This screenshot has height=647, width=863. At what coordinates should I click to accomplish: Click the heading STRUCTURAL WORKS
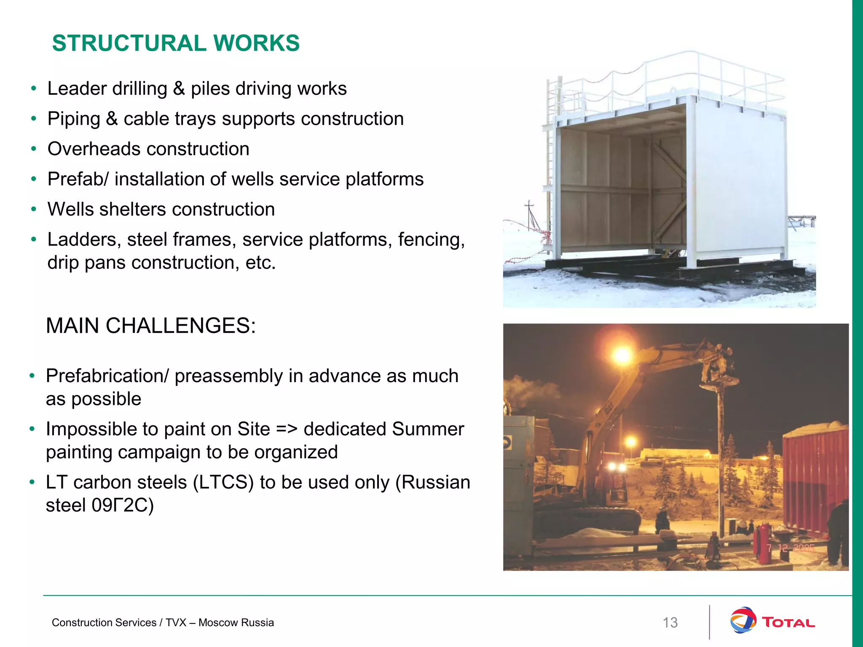pyautogui.click(x=176, y=43)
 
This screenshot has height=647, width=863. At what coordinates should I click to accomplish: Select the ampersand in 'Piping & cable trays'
pyautogui.click(x=112, y=119)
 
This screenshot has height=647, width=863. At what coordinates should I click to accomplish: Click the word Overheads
pyautogui.click(x=94, y=149)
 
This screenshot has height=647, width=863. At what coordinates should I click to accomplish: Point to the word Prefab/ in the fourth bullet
pyautogui.click(x=78, y=179)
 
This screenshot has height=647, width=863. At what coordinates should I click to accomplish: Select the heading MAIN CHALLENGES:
pyautogui.click(x=150, y=326)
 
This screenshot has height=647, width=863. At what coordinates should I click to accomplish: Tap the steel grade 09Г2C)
pyautogui.click(x=123, y=505)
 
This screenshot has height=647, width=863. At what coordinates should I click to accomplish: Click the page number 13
pyautogui.click(x=670, y=623)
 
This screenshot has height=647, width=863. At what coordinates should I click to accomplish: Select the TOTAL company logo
pyautogui.click(x=772, y=621)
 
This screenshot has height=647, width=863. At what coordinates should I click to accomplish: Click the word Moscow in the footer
pyautogui.click(x=214, y=623)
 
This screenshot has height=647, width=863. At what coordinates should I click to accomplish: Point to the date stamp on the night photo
pyautogui.click(x=791, y=548)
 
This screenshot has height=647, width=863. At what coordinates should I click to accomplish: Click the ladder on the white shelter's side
pyautogui.click(x=549, y=160)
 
